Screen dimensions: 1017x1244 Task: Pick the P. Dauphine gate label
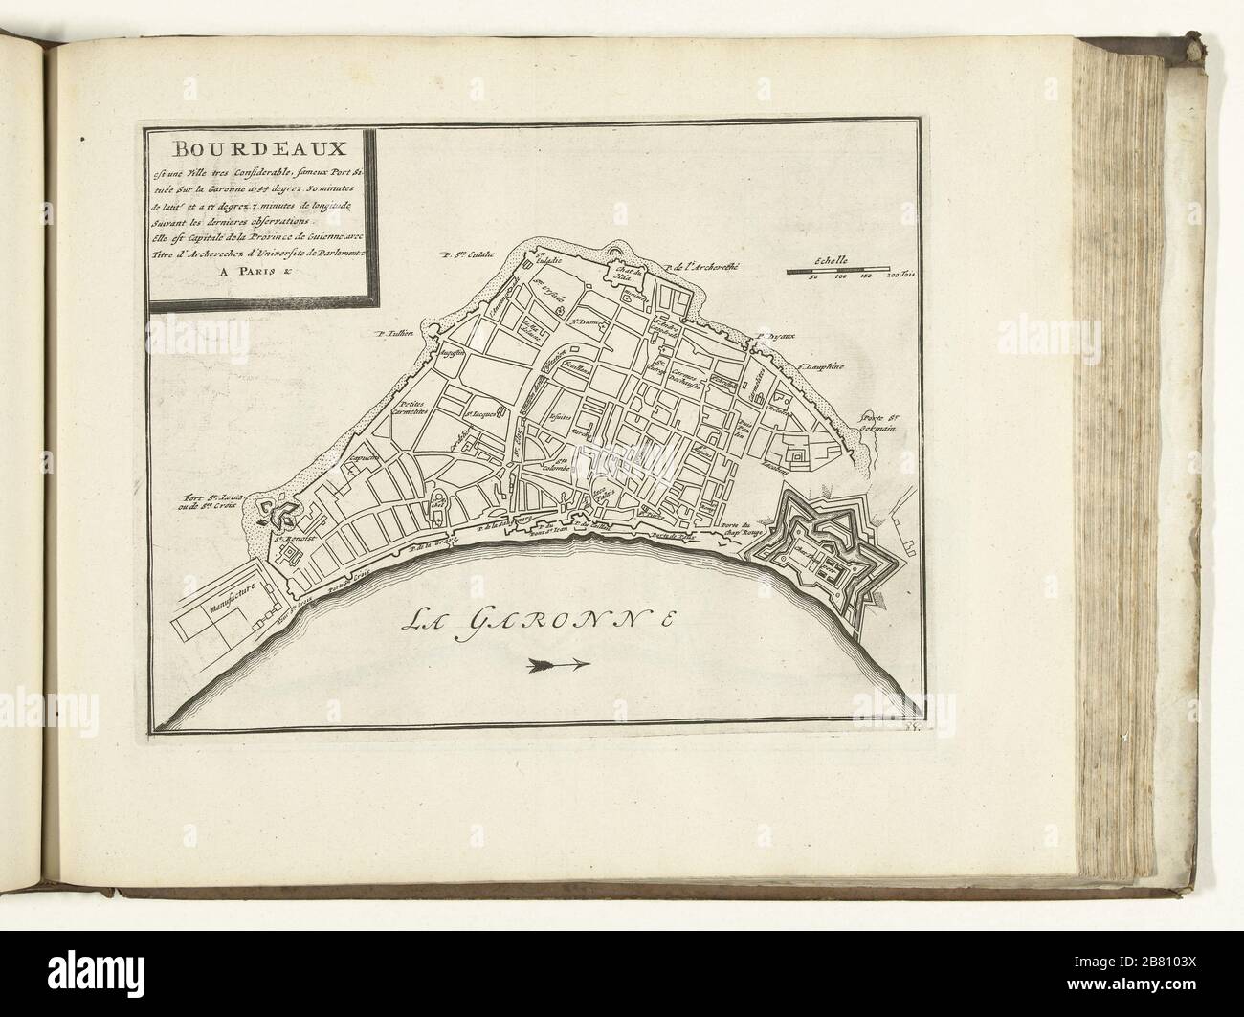[x=821, y=365]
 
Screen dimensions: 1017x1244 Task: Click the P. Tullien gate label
[x=393, y=334]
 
